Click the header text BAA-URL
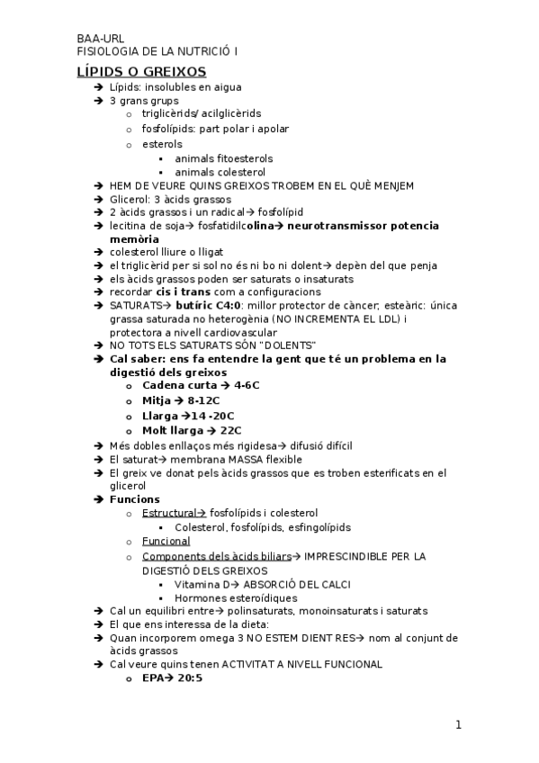100,40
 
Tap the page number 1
458,725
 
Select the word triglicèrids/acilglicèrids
202,114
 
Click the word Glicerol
128,199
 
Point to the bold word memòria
135,239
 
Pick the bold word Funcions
135,499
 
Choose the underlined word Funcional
166,542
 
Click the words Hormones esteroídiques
236,597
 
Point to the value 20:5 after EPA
188,678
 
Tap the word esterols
162,143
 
